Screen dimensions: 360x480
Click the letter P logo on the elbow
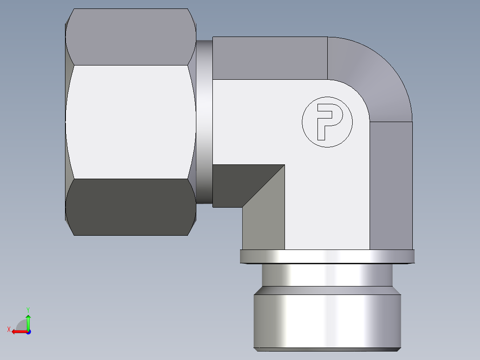pos(327,122)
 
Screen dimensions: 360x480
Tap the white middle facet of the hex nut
pos(130,122)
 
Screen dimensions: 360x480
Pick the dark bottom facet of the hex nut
pos(130,207)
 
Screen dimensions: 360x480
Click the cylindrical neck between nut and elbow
pos(204,122)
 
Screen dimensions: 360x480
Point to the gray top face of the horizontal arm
pos(269,58)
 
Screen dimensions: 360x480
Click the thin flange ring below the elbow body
pos(327,256)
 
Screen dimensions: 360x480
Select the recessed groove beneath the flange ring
pos(327,275)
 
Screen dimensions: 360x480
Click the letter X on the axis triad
pos(8,329)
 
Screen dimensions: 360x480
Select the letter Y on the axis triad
pos(28,309)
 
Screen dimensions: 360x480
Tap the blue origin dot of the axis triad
pos(28,331)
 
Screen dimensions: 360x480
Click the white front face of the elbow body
pos(327,196)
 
